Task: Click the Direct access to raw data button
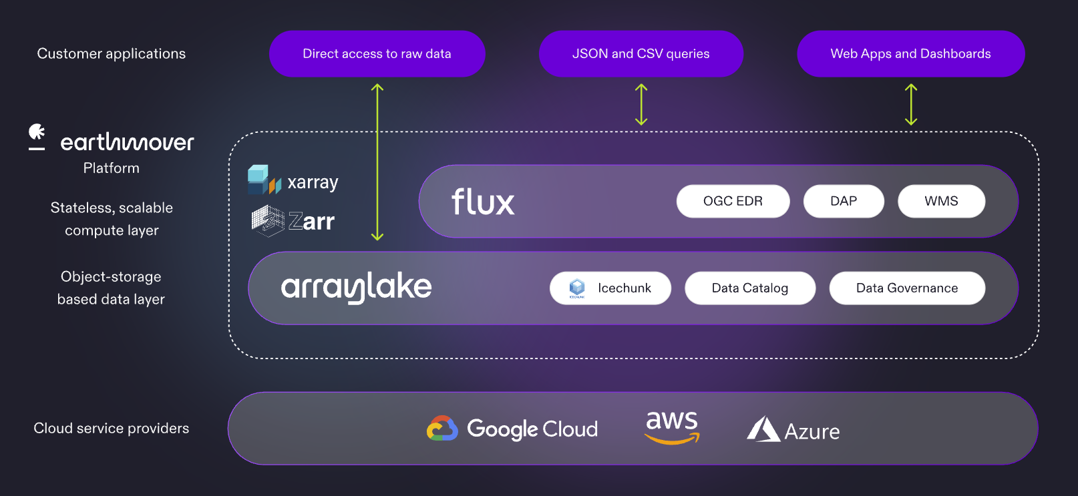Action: pos(377,53)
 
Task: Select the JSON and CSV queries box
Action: pos(641,53)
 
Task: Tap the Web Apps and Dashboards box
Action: pos(910,53)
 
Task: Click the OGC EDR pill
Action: pos(733,201)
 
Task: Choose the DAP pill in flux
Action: pos(844,201)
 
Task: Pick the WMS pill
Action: pos(941,201)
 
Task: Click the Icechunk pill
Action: pos(610,288)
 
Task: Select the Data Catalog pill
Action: pos(749,288)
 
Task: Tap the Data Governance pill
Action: pos(906,288)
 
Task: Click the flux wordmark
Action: pos(483,202)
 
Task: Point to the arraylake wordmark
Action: pos(356,288)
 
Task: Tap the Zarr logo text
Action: pos(311,221)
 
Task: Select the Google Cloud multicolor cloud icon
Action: pos(442,429)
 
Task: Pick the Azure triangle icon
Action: pos(763,429)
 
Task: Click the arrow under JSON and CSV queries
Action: pos(641,105)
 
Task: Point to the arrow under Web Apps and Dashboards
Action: pos(911,105)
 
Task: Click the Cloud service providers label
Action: pos(112,429)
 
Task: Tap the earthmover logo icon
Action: pos(37,136)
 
